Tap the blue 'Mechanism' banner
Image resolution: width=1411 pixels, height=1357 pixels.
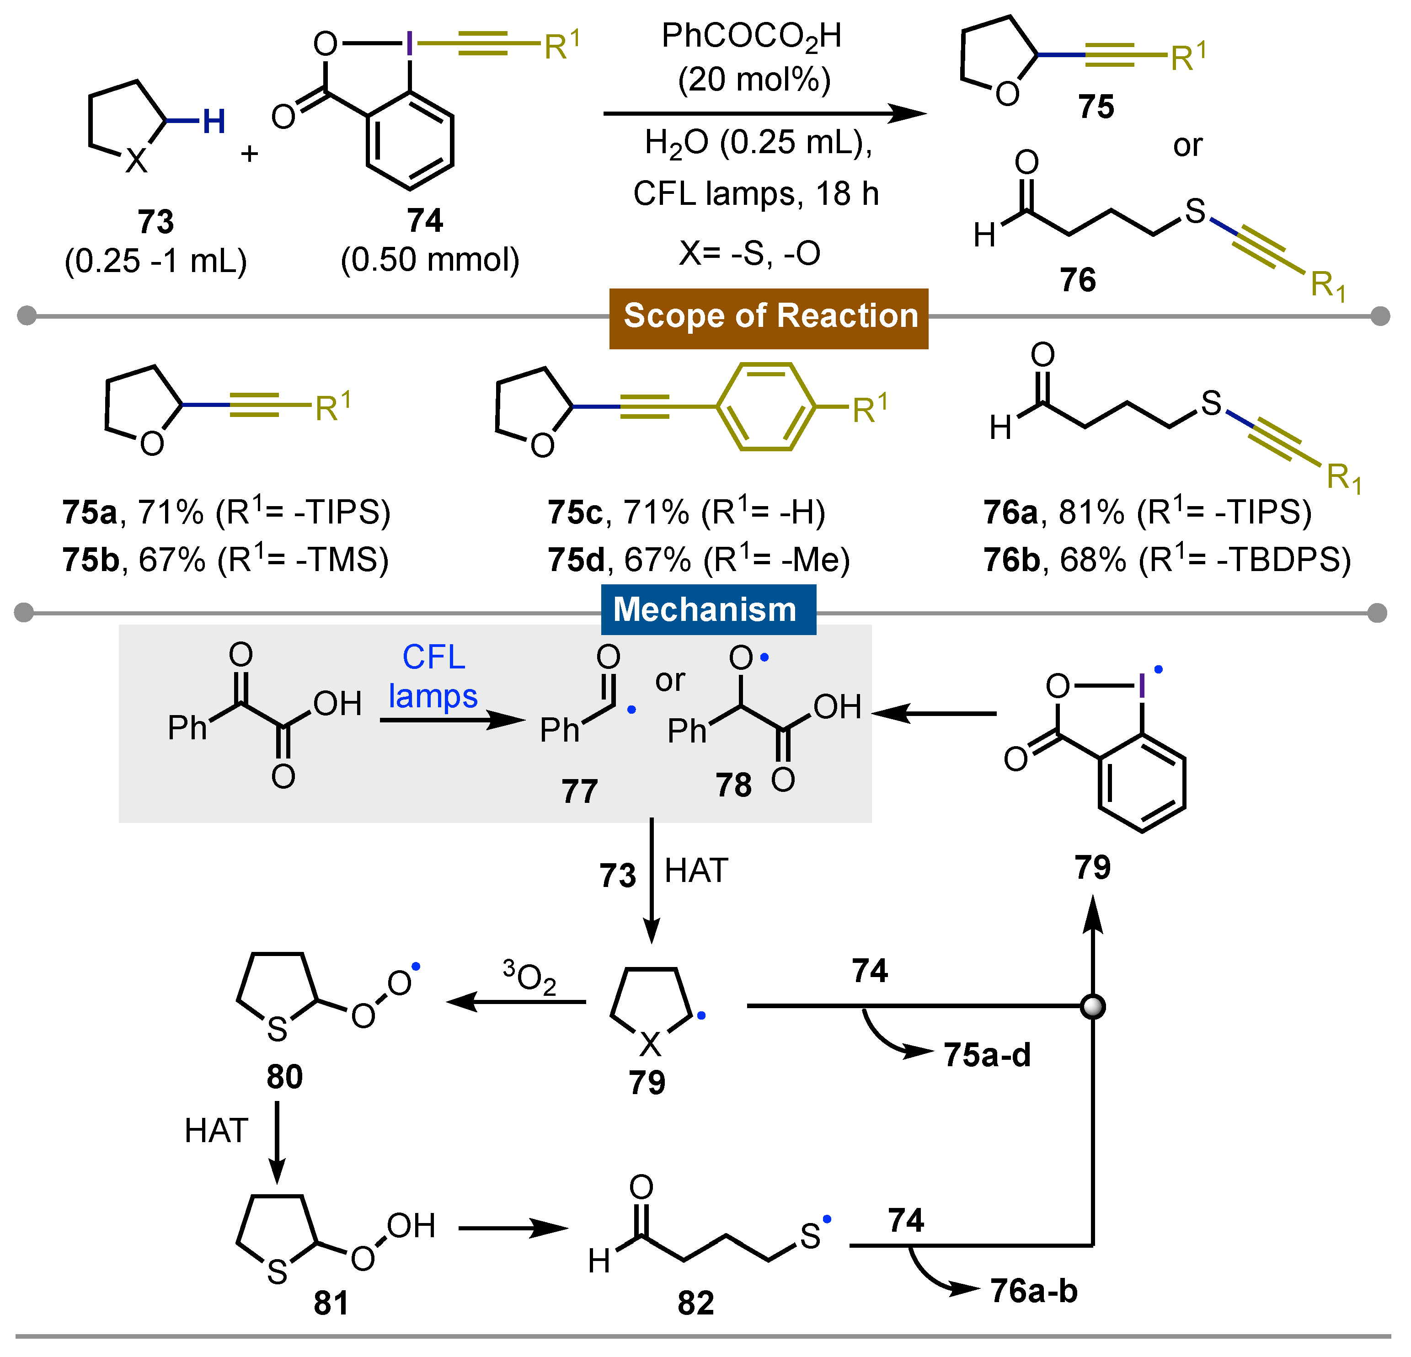pos(708,610)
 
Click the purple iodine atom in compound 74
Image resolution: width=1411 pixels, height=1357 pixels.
pos(409,45)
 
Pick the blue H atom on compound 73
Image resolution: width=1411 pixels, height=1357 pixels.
pos(214,122)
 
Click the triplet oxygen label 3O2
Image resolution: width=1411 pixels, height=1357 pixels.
pos(529,978)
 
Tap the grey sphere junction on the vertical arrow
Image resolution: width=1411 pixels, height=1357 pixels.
pos(1093,1006)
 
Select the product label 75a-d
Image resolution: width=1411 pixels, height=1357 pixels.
pos(987,1055)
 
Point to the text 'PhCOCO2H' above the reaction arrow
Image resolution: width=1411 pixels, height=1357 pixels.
pos(752,36)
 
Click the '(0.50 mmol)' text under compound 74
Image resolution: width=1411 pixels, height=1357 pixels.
pos(430,260)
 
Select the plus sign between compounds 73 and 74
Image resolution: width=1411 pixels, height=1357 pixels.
pos(249,153)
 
